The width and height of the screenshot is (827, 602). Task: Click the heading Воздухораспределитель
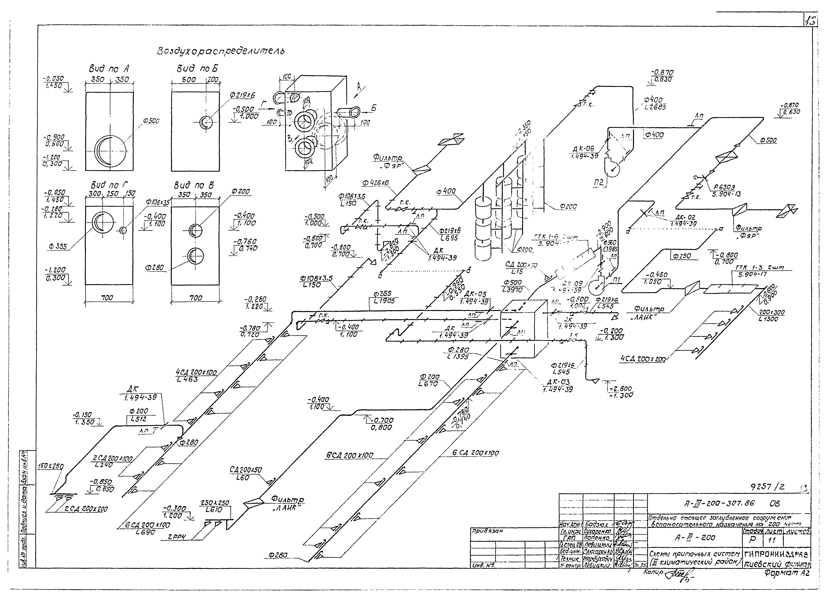[x=221, y=51]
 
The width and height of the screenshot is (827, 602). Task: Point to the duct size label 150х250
[x=50, y=466]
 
